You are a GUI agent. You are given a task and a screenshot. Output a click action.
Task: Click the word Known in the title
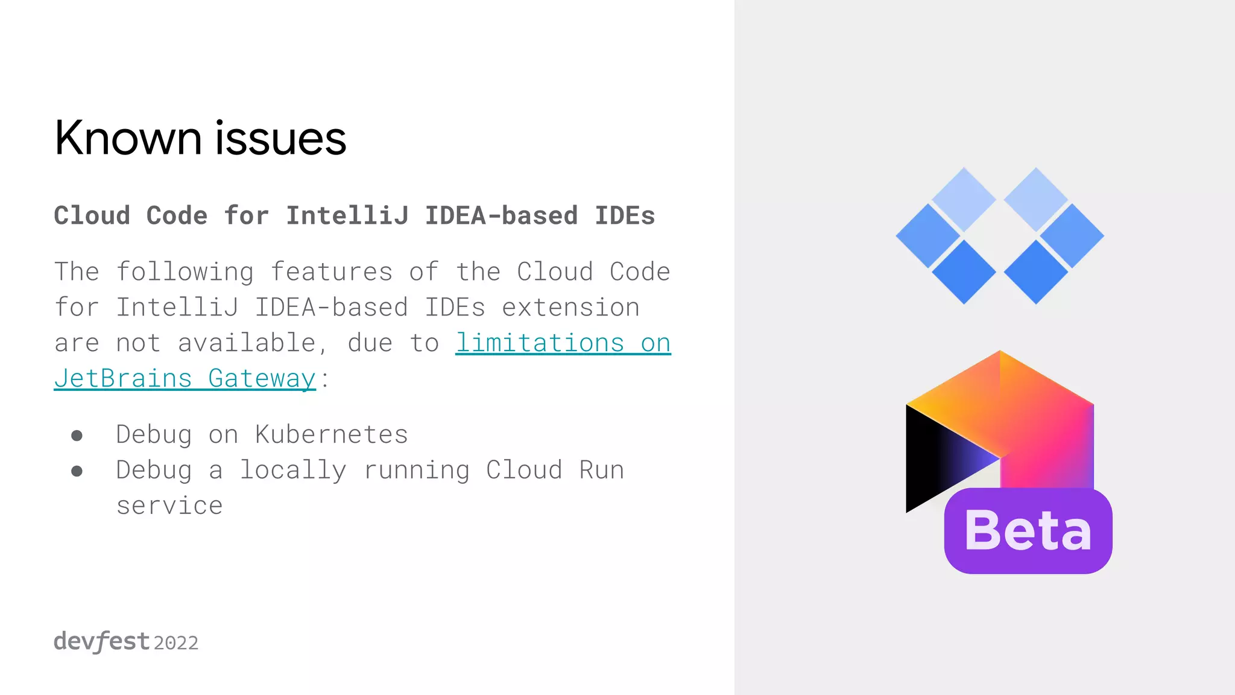coord(128,138)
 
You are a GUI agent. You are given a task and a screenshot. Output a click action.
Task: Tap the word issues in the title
coord(280,138)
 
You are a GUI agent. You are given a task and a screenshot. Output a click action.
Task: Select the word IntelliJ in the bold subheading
coord(347,216)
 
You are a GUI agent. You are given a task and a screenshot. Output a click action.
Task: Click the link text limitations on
coord(563,343)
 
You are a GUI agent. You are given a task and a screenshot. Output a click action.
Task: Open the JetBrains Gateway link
coord(185,379)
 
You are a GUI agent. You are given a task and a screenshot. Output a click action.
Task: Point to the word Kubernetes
coord(332,434)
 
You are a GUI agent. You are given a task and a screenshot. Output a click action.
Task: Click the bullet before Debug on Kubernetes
coord(77,436)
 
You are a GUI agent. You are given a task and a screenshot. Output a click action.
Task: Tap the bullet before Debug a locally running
coord(77,471)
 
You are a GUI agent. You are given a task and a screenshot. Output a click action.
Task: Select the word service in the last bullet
coord(169,506)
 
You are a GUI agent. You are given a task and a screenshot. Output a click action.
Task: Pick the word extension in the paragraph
coord(570,308)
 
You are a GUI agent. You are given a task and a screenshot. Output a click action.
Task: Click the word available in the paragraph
coord(247,343)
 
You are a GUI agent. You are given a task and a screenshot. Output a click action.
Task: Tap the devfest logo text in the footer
coord(101,641)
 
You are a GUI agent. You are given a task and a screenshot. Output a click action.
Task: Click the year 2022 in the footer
coord(176,643)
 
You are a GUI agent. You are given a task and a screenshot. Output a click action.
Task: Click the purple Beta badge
coord(1028,531)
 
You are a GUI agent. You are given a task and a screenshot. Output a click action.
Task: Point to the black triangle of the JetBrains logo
coord(935,459)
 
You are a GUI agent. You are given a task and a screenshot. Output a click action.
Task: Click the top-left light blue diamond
coord(964,199)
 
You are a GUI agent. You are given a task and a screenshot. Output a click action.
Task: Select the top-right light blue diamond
coord(1036,199)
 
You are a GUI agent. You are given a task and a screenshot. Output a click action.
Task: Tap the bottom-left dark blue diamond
coord(964,271)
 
